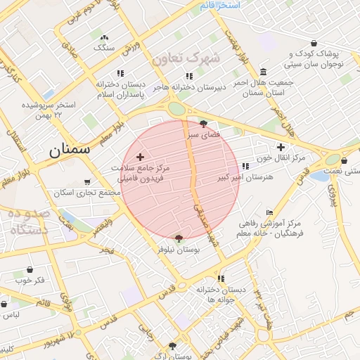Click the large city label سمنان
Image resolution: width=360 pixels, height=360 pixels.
pos(70,150)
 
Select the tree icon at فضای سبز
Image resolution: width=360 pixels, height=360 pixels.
pos(204,123)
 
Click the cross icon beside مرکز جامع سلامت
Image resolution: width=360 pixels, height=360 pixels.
pos(140,157)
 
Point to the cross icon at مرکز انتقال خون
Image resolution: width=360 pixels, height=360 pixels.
pos(281,147)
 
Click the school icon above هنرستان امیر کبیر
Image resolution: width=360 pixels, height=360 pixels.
pos(245,167)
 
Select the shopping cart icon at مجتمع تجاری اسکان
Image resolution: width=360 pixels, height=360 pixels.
pos(86,181)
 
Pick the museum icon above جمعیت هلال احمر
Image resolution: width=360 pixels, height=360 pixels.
pos(262,72)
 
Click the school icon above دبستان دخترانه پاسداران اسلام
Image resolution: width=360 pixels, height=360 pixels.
pos(120,73)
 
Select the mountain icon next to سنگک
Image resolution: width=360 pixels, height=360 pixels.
pos(105,38)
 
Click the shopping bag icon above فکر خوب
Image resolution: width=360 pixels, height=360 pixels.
pos(30,269)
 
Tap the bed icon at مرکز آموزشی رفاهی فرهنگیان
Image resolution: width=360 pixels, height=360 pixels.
pos(270,212)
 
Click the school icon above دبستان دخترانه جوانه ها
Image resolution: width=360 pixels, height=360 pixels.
pos(221,278)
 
